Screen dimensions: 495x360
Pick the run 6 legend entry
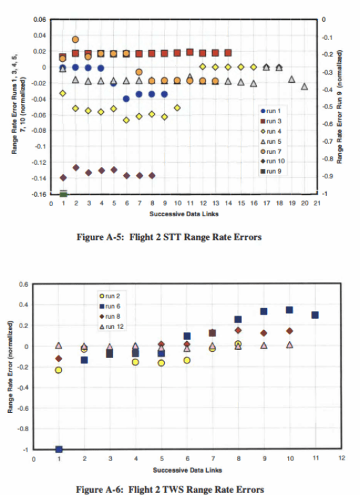coord(111,306)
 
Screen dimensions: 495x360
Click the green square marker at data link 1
coord(63,195)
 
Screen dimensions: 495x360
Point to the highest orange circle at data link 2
coord(75,39)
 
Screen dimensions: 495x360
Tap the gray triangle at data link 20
coord(304,86)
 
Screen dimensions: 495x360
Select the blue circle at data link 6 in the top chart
coord(126,99)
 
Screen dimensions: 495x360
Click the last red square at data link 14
coord(228,52)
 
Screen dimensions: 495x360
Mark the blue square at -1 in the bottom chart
coord(59,450)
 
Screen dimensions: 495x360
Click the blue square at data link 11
coord(315,315)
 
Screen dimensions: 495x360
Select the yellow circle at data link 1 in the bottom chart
coord(59,370)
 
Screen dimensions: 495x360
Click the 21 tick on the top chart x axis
coord(317,203)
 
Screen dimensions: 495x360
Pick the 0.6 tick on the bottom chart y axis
coord(24,283)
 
